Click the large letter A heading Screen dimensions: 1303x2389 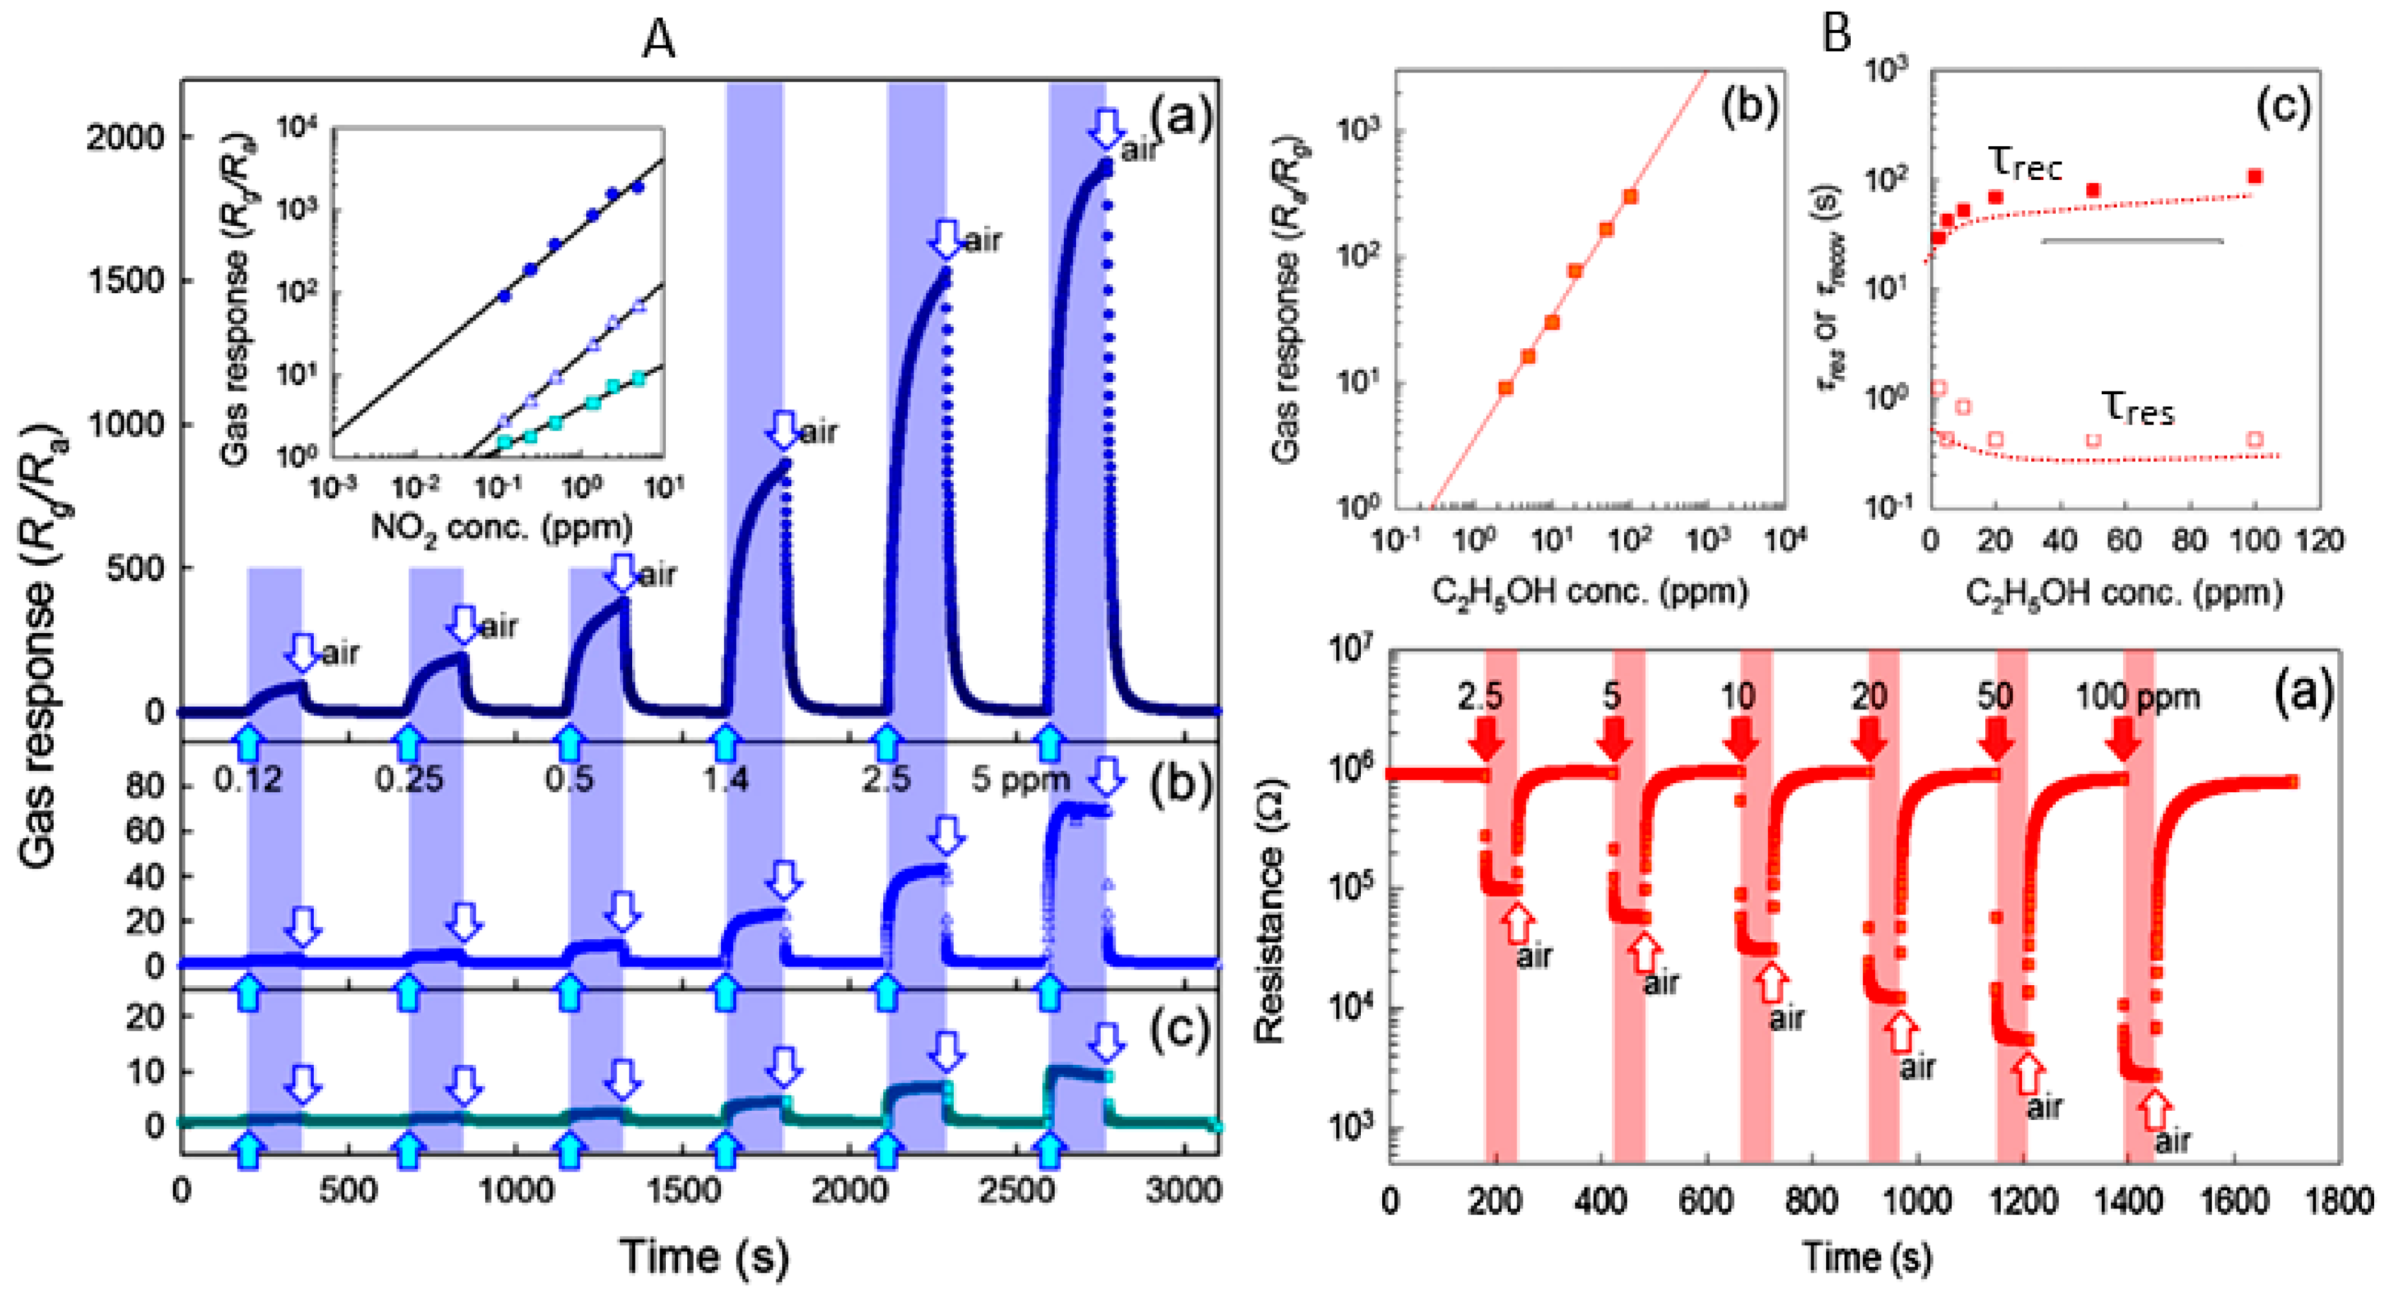pyautogui.click(x=659, y=39)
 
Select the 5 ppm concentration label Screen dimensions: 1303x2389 pyautogui.click(x=1020, y=779)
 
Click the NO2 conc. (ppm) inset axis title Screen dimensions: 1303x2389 pyautogui.click(x=501, y=529)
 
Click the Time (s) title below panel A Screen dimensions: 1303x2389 pyautogui.click(x=704, y=1256)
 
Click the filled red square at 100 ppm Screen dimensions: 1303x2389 pyautogui.click(x=2256, y=176)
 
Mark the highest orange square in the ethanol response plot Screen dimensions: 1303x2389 pyautogui.click(x=1631, y=197)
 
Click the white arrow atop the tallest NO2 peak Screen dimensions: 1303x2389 pyautogui.click(x=1105, y=127)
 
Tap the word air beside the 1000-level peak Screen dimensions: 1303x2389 pyautogui.click(x=818, y=432)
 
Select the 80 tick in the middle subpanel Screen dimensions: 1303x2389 pyautogui.click(x=144, y=786)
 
